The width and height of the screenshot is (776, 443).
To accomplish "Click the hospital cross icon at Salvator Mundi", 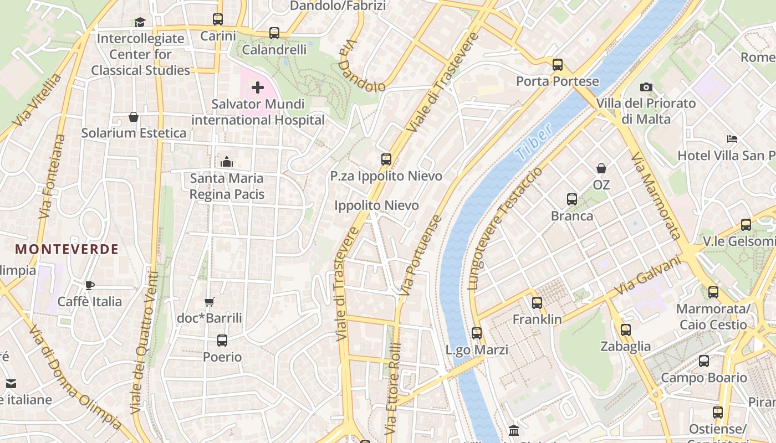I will pos(258,87).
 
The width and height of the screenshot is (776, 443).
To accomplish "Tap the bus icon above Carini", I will pos(218,19).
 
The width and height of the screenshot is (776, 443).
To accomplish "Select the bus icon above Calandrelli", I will pos(274,33).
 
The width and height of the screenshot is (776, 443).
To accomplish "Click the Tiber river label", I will pos(533,142).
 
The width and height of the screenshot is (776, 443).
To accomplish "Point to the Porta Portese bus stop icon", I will pos(558,65).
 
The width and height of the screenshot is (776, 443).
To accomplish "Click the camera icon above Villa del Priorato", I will pos(646,87).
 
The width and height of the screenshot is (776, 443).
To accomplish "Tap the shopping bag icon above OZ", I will pos(601,168).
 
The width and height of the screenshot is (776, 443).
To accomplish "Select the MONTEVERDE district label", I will pos(67,249).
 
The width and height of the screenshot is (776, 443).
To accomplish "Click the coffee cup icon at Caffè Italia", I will pos(90,285).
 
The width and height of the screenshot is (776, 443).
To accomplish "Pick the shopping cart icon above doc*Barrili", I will pos(209,302).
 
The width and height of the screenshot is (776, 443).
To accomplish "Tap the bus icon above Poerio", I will pos(222,340).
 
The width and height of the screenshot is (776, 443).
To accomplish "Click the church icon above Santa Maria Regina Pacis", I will pos(226,162).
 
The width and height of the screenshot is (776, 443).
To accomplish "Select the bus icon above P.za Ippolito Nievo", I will pos(386,159).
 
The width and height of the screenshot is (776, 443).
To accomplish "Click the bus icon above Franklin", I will pos(537,303).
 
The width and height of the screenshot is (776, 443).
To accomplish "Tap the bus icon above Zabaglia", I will pos(626,330).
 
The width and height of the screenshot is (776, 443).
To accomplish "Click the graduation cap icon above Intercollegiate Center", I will pos(140,22).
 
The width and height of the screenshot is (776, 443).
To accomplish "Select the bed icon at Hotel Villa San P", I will pos(732,138).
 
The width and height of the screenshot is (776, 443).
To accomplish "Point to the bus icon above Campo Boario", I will pos(704,361).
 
